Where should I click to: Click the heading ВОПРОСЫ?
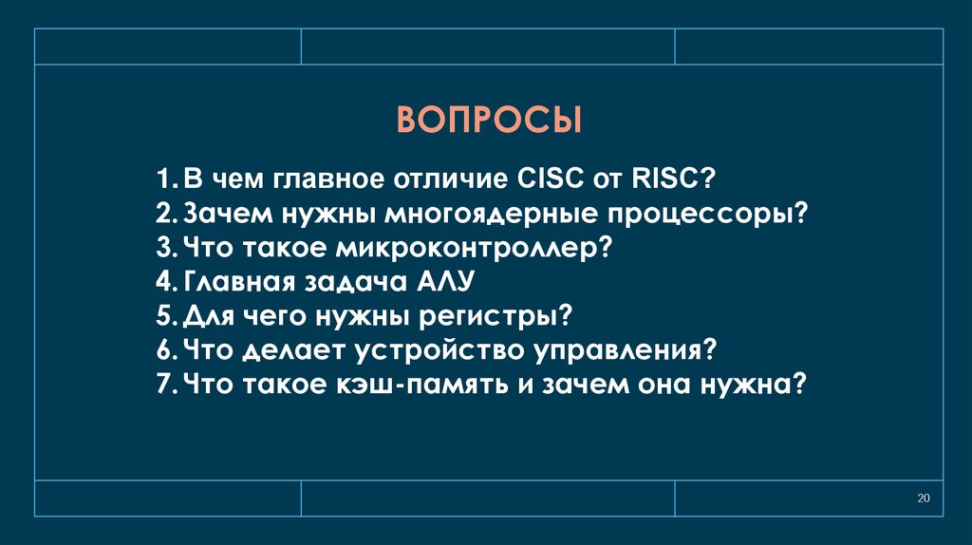pos(487,122)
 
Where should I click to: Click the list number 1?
pos(165,178)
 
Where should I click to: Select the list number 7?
pos(165,385)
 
